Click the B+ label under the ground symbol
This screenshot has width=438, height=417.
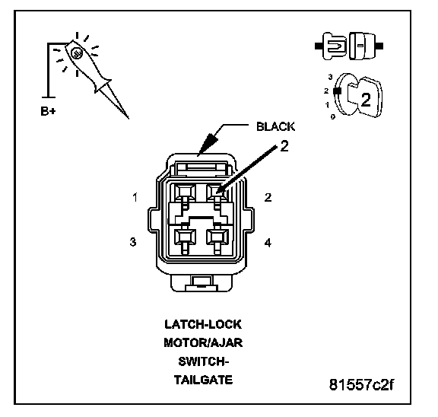click(48, 111)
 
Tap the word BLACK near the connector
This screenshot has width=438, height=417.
click(275, 126)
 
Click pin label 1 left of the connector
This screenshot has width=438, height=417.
click(135, 197)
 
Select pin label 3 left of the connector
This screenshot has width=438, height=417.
click(133, 242)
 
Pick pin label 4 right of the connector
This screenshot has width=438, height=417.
click(268, 242)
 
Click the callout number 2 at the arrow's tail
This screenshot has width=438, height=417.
click(284, 146)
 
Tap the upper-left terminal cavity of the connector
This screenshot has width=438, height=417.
click(185, 192)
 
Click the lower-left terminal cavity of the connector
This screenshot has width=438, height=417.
click(185, 237)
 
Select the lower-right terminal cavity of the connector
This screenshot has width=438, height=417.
click(217, 237)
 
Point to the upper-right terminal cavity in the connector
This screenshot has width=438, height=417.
click(217, 192)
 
